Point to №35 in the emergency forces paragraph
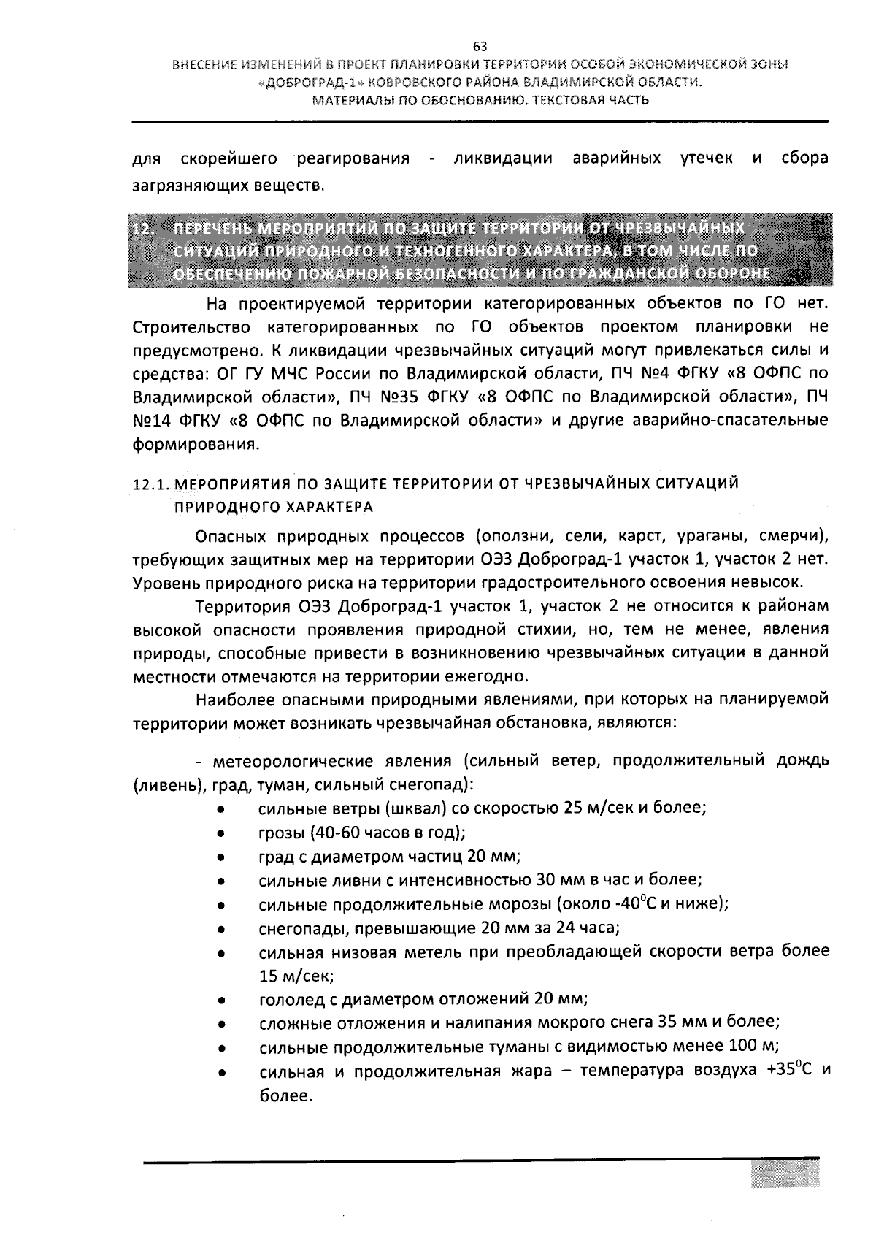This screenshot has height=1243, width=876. point(394,397)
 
